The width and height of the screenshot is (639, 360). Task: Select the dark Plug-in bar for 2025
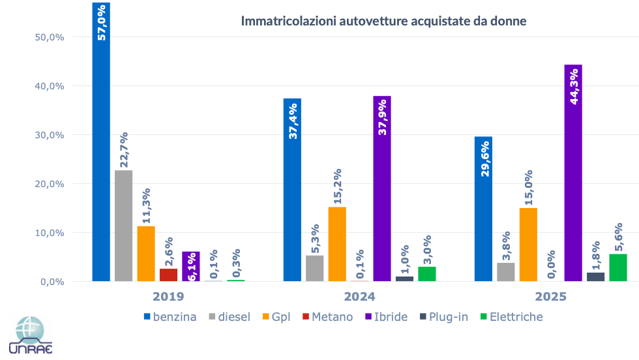coord(595,277)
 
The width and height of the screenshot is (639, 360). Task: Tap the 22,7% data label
coord(124,150)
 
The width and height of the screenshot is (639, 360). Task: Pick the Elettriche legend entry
coord(511,317)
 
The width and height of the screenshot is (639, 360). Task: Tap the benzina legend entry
coord(170,317)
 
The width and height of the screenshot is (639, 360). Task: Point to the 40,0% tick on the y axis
coord(48,86)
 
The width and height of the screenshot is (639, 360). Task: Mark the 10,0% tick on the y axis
coord(48,233)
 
